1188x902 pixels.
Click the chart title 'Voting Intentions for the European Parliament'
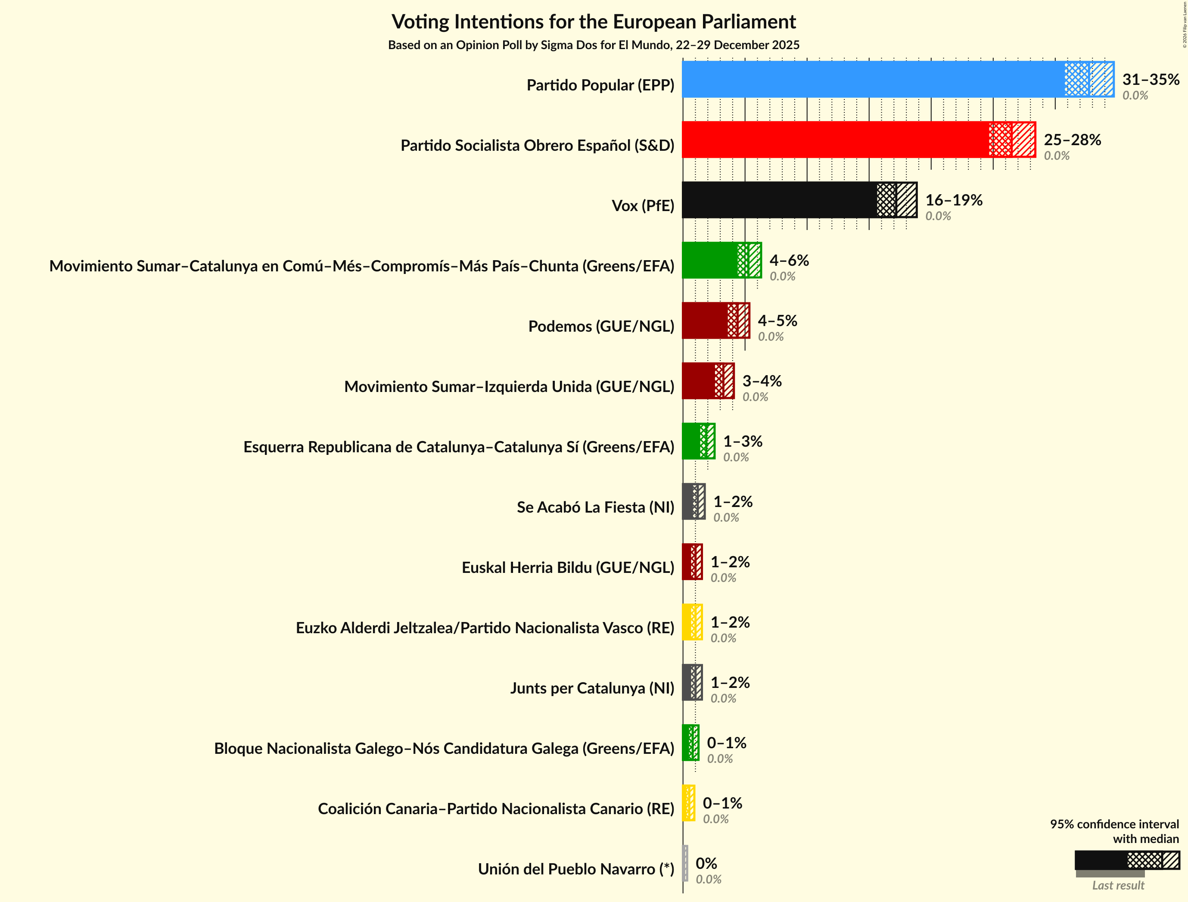[594, 22]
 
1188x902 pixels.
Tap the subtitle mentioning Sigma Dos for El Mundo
[594, 45]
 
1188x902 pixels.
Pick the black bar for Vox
[779, 200]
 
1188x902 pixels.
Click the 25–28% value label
[1072, 140]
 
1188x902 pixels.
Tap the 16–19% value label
[953, 200]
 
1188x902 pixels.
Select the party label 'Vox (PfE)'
[642, 206]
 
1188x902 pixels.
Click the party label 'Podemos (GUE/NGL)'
[601, 326]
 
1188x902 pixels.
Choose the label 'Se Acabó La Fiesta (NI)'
[595, 507]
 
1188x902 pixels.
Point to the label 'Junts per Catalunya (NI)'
[592, 688]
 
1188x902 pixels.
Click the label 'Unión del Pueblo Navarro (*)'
[576, 869]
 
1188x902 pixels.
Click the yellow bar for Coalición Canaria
[688, 803]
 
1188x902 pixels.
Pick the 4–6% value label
[789, 261]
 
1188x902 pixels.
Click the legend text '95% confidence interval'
[1114, 824]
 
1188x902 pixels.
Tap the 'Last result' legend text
[1118, 885]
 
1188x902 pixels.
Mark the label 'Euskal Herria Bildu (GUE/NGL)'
[568, 567]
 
